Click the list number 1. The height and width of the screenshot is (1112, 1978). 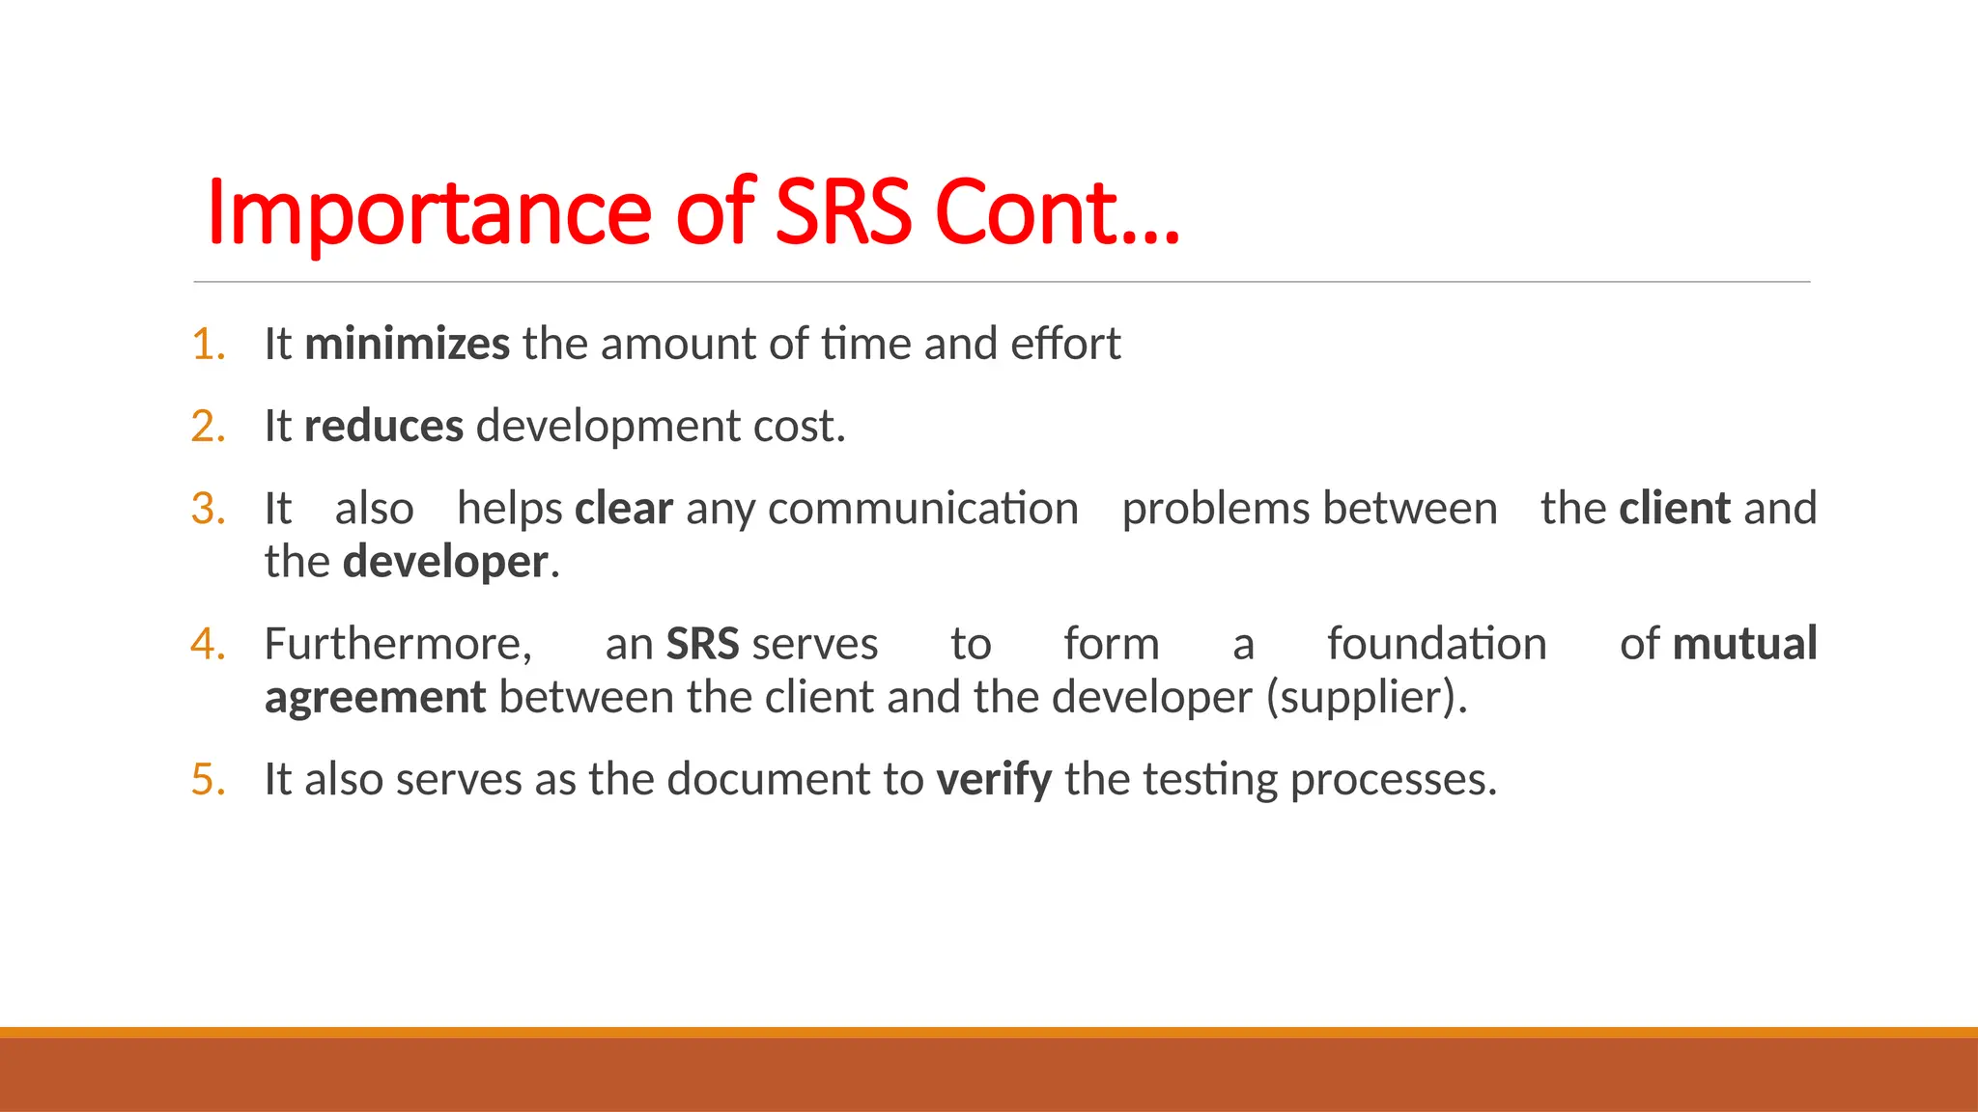click(x=208, y=345)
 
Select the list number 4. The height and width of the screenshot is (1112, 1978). click(x=208, y=644)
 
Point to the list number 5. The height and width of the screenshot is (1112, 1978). click(x=208, y=780)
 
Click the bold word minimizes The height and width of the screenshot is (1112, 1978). click(x=407, y=345)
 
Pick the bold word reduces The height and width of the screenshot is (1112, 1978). click(x=383, y=427)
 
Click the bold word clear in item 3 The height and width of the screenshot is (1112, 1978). click(x=623, y=509)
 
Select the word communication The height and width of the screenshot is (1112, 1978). click(x=922, y=509)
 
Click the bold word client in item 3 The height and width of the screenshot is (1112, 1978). click(x=1675, y=509)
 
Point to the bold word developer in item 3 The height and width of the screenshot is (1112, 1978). click(x=445, y=563)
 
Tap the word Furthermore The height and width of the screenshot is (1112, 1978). click(x=398, y=644)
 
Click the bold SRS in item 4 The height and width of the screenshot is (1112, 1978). click(x=702, y=644)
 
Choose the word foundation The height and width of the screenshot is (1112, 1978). click(x=1436, y=644)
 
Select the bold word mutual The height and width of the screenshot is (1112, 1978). click(x=1744, y=644)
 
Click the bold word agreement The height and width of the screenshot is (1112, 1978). click(x=375, y=698)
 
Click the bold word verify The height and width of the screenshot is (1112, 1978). click(x=994, y=780)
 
